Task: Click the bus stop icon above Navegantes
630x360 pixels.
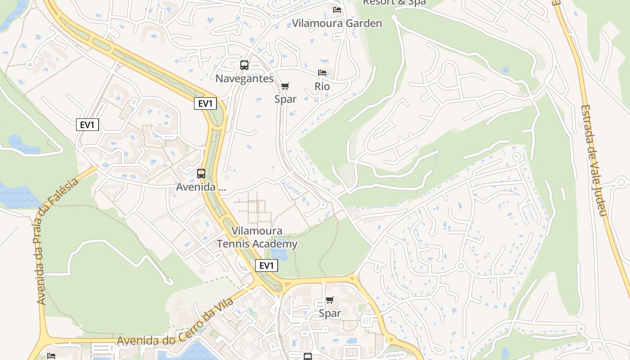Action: click(244, 65)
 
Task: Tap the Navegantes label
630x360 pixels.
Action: click(244, 78)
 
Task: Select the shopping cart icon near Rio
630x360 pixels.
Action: click(285, 86)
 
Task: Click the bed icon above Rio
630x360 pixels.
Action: click(322, 73)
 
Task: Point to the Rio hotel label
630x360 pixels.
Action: click(322, 86)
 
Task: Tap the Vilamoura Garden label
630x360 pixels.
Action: click(337, 23)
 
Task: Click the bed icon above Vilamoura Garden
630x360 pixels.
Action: click(337, 10)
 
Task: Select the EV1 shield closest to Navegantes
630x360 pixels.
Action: click(205, 103)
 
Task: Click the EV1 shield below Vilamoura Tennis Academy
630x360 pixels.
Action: click(266, 265)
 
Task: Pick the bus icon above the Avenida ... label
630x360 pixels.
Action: click(201, 173)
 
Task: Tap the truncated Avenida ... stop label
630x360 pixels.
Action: click(201, 187)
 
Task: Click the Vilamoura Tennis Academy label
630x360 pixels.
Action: click(257, 237)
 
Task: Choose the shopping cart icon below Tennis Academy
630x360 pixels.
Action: click(330, 300)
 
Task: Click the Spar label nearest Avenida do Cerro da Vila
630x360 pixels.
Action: click(330, 313)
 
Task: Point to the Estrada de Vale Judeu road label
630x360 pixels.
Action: click(594, 160)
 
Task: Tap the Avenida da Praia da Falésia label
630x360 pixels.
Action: click(58, 241)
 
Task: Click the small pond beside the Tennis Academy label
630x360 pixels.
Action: click(279, 255)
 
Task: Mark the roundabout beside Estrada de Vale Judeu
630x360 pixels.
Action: click(621, 182)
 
